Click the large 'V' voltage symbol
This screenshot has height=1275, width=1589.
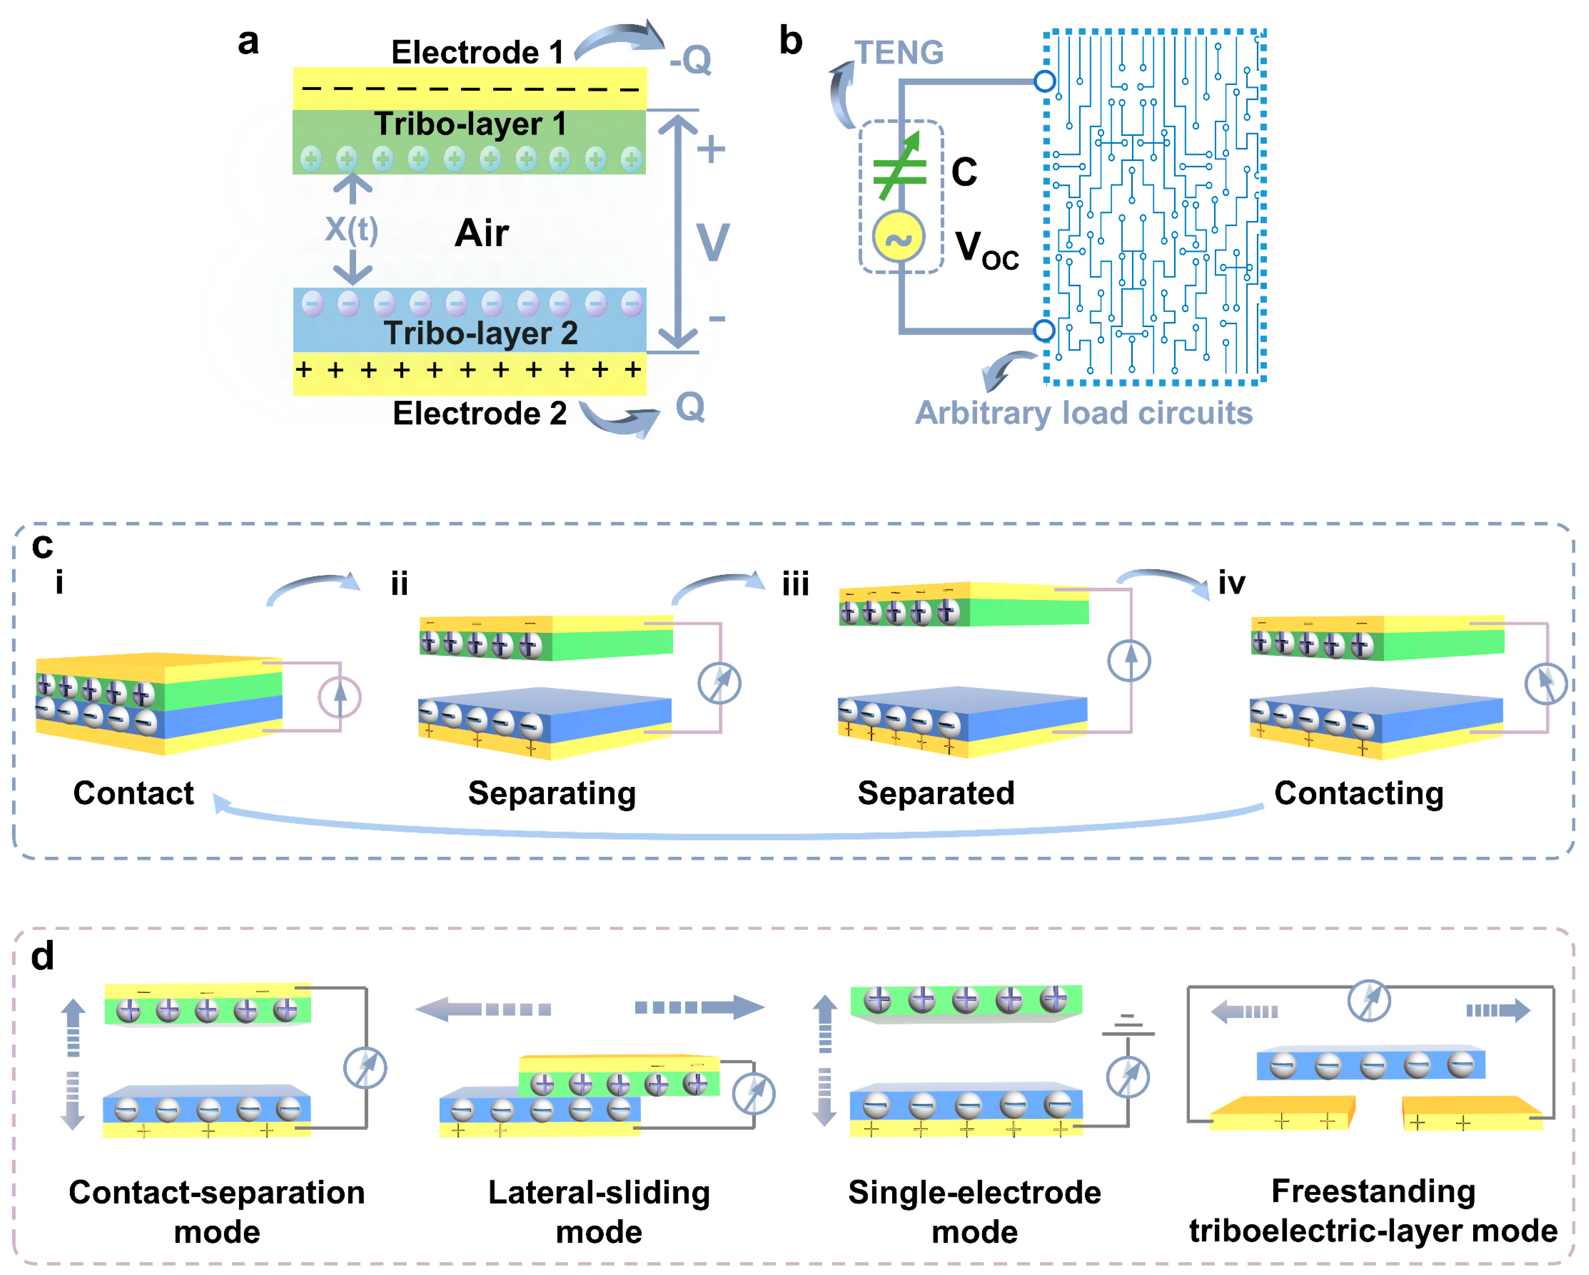[x=713, y=242]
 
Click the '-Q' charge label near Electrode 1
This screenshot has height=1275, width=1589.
[x=691, y=59]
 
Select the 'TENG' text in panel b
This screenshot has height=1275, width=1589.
[x=899, y=52]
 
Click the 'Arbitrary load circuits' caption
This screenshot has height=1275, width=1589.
[x=1083, y=413]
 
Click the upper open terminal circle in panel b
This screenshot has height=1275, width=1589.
[x=1044, y=81]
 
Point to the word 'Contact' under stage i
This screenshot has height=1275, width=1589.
[x=133, y=793]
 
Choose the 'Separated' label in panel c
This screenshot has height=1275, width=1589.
[x=936, y=793]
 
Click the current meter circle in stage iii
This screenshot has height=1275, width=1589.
[x=1128, y=660]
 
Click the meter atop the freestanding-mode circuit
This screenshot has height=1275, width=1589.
[x=1369, y=1001]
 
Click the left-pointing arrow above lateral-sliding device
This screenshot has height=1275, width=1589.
[x=483, y=1009]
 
